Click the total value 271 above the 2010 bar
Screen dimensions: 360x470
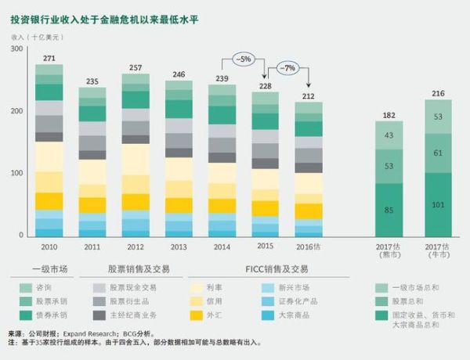coord(49,58)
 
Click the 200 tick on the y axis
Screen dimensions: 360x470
coord(16,111)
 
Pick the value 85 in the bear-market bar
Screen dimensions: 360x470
coord(389,210)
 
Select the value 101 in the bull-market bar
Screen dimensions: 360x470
coord(439,205)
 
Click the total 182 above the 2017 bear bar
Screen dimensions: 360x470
coord(389,115)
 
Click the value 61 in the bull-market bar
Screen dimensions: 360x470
coord(439,153)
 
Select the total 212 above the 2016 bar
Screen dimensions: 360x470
coord(309,96)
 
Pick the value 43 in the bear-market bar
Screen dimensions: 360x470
coord(389,135)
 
